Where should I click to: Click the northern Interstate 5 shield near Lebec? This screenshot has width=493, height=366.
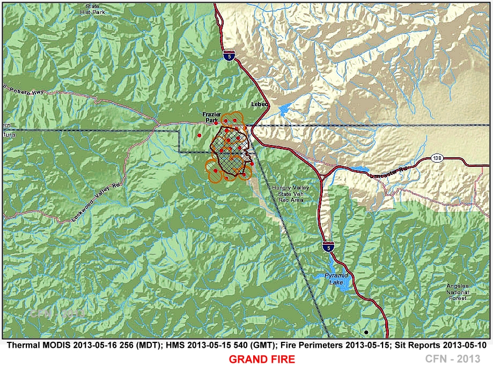tap(229, 55)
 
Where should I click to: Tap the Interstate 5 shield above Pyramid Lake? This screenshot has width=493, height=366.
tap(327, 247)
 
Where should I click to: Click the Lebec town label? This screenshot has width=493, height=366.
tap(260, 104)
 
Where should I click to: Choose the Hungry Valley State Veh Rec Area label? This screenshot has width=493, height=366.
tap(288, 194)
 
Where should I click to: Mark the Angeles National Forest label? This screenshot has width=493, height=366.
tap(458, 291)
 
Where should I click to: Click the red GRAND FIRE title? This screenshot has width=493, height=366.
tap(262, 359)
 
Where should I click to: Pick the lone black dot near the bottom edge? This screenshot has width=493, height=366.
tap(366, 332)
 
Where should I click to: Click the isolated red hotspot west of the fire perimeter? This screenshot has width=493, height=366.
tap(199, 135)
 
